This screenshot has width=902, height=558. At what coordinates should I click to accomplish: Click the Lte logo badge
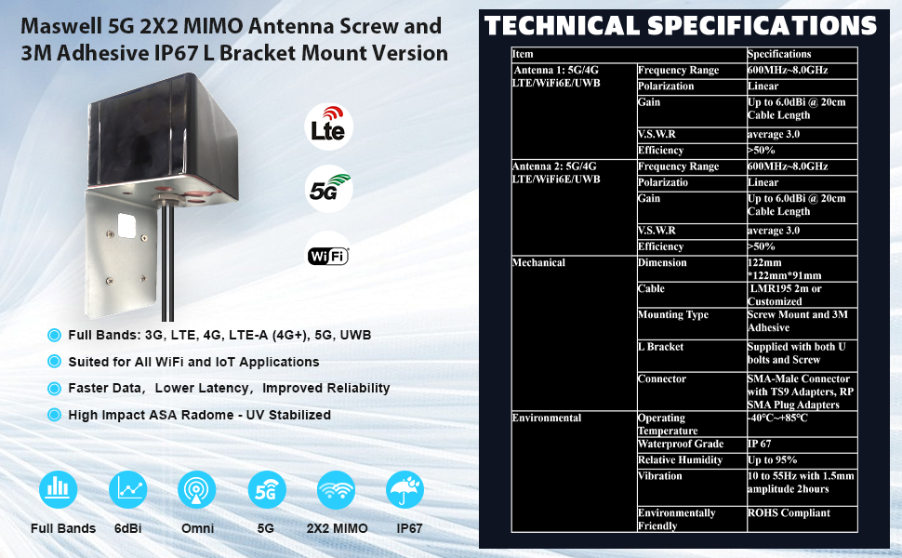[x=328, y=126]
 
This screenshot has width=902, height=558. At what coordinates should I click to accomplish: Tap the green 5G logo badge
[x=328, y=190]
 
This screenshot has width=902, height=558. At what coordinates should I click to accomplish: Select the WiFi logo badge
[x=328, y=256]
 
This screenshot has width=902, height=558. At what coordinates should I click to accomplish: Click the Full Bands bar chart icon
[x=58, y=489]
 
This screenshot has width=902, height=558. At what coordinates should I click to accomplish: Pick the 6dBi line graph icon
[x=127, y=489]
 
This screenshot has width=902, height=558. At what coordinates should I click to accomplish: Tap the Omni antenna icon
[x=197, y=489]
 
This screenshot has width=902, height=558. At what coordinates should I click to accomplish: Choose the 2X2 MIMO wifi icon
[x=336, y=489]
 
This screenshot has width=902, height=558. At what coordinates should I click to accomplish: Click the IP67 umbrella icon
[x=405, y=489]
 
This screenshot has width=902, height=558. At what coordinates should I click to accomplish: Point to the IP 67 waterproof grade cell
[x=802, y=445]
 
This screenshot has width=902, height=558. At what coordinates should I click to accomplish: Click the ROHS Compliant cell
[x=802, y=519]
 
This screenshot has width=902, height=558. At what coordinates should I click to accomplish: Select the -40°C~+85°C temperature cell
[x=802, y=424]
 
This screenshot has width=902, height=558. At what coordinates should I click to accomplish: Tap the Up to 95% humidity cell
[x=802, y=460]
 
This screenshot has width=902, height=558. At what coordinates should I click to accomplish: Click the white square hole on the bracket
[x=126, y=226]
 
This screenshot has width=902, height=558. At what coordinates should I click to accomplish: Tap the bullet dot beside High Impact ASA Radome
[x=54, y=415]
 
